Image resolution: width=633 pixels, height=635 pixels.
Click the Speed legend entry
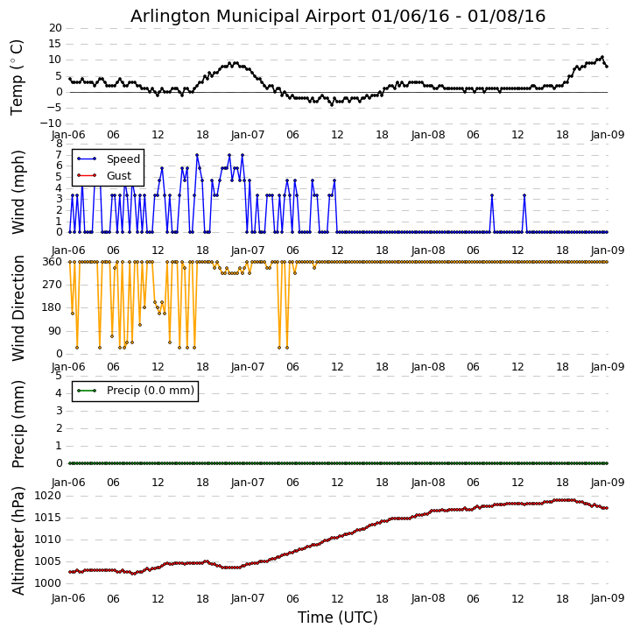point(122,159)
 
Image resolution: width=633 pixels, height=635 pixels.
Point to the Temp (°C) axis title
point(18,76)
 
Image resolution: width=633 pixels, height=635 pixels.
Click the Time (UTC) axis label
point(337,617)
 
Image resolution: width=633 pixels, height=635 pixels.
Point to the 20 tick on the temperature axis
point(54,28)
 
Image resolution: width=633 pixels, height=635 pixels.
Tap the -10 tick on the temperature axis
point(52,123)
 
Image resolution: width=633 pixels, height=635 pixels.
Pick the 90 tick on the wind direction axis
point(54,331)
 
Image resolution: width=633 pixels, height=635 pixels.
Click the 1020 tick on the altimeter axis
point(49,496)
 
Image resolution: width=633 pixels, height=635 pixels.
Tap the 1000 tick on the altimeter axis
point(49,583)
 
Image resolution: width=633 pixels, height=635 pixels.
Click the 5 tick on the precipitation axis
point(58,375)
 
